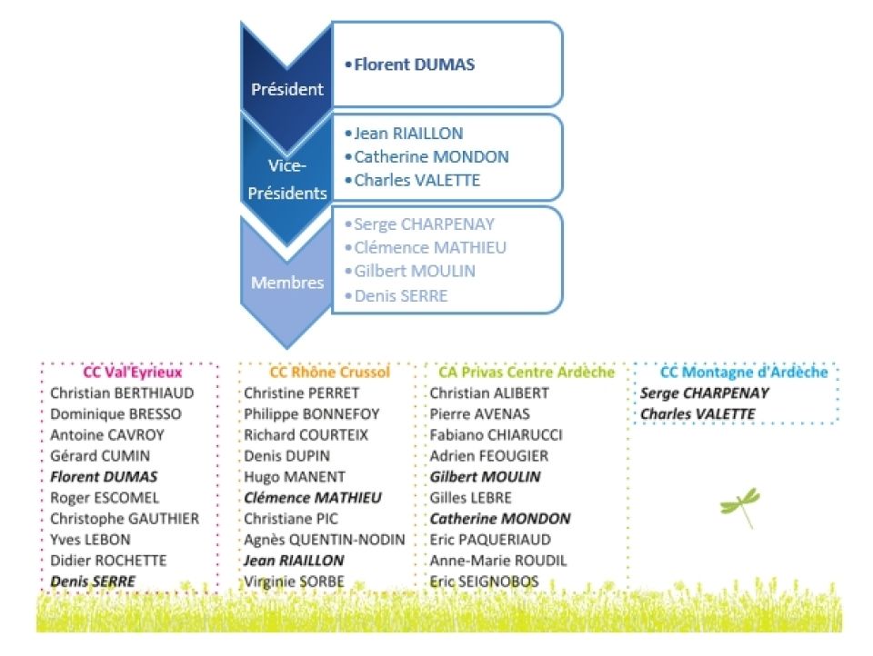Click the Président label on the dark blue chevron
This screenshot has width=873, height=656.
287,89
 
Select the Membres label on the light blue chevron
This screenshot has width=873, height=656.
287,283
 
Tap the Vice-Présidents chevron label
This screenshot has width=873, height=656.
287,180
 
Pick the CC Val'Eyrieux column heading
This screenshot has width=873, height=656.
133,373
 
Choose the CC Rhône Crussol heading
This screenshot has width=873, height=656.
329,373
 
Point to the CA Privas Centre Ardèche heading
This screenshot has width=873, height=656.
527,373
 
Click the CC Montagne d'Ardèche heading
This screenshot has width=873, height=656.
744,373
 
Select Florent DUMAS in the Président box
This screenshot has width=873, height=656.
414,65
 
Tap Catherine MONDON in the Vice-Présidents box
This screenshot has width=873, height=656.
431,156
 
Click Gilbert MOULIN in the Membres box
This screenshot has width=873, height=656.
414,271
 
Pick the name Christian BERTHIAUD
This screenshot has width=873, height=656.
122,393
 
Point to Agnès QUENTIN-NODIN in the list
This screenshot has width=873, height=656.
325,540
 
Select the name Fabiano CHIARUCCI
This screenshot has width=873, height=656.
497,435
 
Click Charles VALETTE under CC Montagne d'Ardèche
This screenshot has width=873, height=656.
697,414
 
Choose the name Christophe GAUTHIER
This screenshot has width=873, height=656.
125,519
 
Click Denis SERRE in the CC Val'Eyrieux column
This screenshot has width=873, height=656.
93,581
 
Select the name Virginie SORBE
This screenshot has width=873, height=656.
295,581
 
